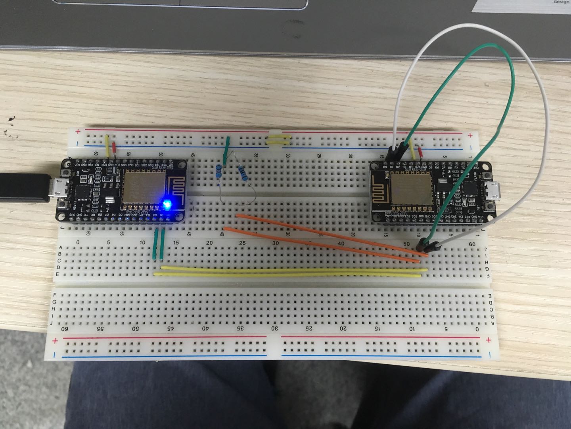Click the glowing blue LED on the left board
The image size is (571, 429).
coord(167,205)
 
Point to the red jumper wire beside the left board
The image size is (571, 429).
coord(115,148)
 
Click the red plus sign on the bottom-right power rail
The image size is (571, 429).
coord(489,340)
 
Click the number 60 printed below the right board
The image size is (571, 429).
coord(472,243)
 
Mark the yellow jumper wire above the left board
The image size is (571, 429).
coord(107,145)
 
